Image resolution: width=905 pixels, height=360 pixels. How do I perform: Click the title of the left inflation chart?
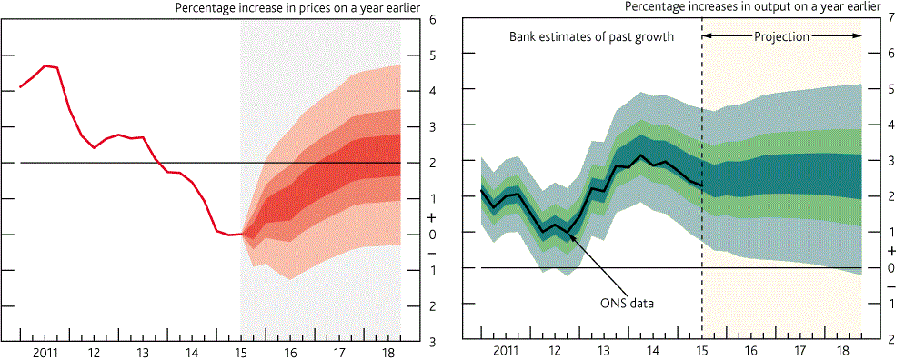point(297,7)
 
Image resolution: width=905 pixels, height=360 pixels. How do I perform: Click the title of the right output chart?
point(753,7)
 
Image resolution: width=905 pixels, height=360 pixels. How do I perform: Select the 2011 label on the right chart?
point(507,351)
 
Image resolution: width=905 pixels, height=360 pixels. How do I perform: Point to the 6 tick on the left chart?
point(432,19)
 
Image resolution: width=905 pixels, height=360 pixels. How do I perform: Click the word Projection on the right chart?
point(781,36)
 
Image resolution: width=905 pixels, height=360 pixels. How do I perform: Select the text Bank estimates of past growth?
point(591,37)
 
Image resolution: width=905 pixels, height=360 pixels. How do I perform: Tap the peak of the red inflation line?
point(45,65)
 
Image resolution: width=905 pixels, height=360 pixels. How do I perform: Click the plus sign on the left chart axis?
point(432,217)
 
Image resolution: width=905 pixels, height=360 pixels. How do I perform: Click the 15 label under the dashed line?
point(702,351)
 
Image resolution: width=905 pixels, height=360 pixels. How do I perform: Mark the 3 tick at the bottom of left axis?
point(432,342)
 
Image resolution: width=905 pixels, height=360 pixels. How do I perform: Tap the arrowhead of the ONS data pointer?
point(569,234)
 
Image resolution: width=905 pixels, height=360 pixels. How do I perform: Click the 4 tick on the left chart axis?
point(432,91)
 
